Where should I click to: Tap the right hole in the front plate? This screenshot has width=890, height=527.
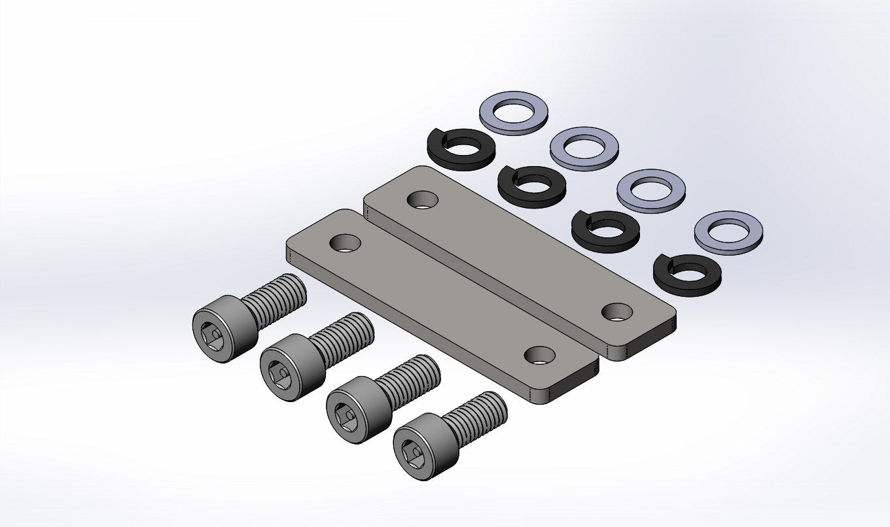(x=540, y=355)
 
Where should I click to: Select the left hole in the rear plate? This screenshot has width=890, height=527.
(x=423, y=199)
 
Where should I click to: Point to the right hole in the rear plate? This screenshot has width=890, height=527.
(x=616, y=312)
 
